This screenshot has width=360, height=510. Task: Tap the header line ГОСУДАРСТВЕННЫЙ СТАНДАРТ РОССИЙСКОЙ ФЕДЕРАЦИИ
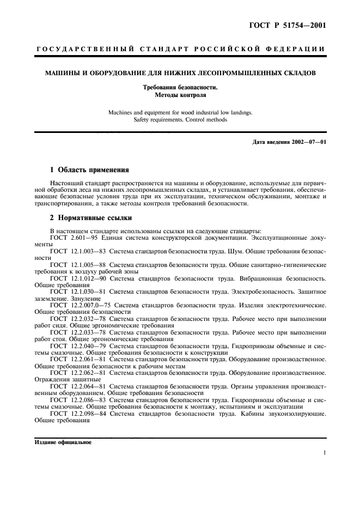point(180,49)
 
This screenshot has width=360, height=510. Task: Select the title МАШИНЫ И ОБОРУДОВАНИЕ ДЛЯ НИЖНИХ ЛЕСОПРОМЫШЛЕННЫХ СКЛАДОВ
point(180,73)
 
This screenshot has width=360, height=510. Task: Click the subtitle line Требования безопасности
point(180,87)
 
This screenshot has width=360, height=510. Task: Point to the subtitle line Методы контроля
point(180,94)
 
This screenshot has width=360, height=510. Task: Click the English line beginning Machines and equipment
point(180,113)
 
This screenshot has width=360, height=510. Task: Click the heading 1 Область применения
point(89,169)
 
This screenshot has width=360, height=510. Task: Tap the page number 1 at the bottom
point(324,453)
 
